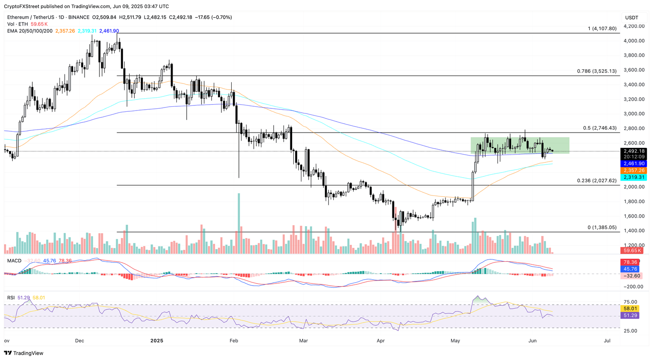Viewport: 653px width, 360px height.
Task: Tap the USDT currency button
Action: (x=632, y=17)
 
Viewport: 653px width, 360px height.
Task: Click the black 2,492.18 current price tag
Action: (x=634, y=151)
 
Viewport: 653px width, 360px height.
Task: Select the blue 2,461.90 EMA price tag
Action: (x=634, y=164)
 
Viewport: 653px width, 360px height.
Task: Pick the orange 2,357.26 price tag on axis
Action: (x=634, y=170)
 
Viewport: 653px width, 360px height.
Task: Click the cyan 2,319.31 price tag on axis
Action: (x=634, y=177)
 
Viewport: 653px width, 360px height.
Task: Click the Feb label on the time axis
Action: (x=233, y=340)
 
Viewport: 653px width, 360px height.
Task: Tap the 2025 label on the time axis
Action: (x=157, y=340)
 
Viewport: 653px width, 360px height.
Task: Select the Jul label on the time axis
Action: (x=607, y=340)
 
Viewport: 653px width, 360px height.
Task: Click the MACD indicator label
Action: (x=14, y=261)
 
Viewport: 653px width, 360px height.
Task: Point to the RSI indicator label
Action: (x=11, y=298)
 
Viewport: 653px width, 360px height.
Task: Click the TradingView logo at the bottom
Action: (x=24, y=353)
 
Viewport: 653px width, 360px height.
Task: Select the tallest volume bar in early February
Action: (x=239, y=224)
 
